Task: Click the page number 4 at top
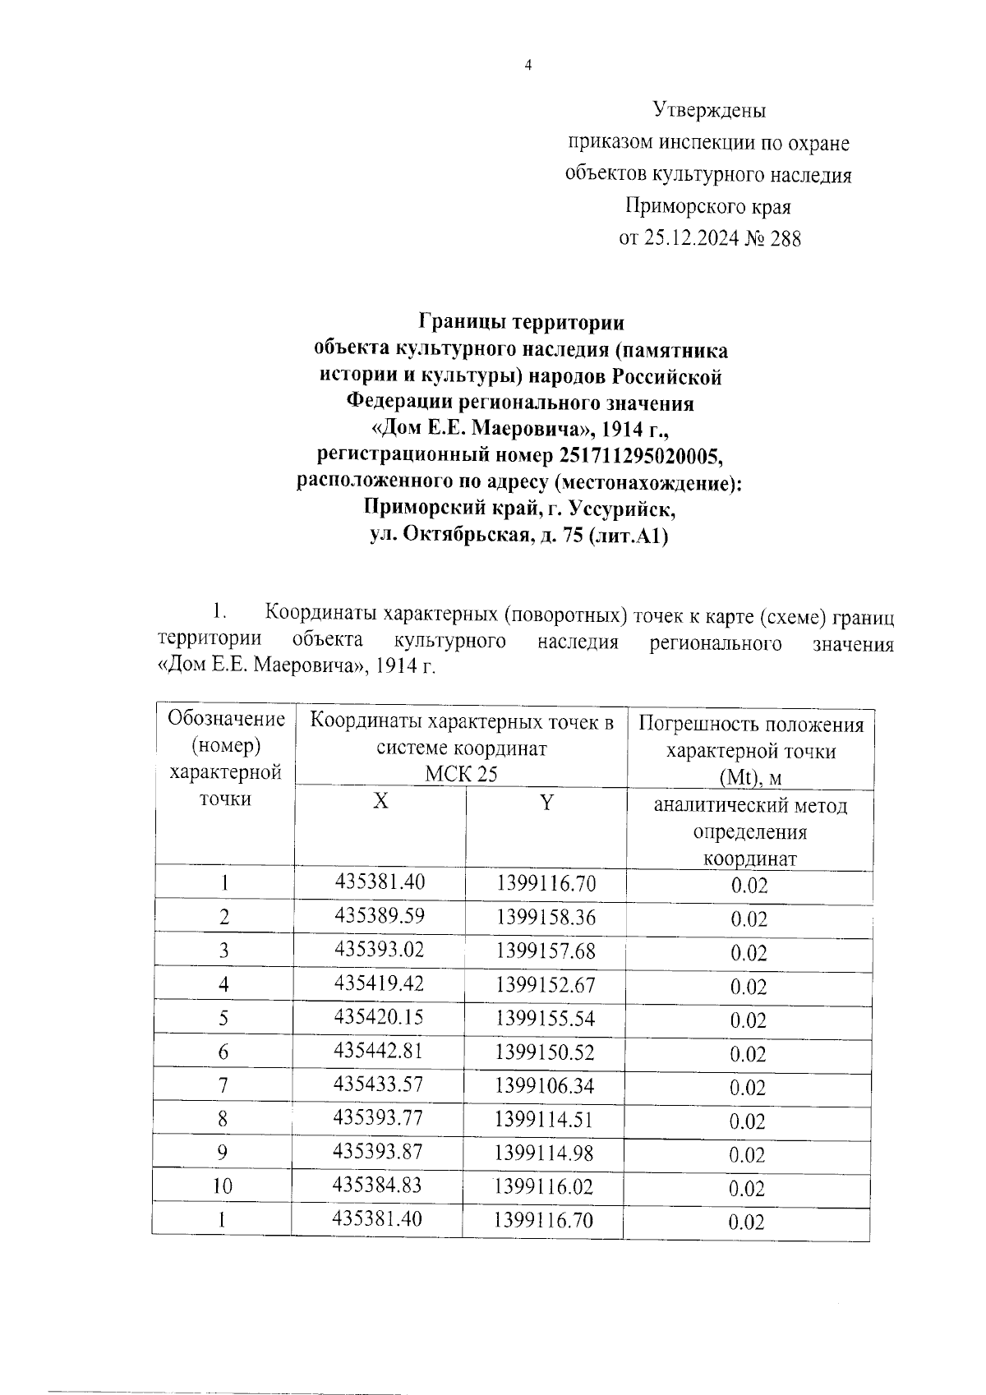pyautogui.click(x=528, y=66)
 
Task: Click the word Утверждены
pyautogui.click(x=709, y=109)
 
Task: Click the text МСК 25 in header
pyautogui.click(x=461, y=774)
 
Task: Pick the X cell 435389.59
pyautogui.click(x=380, y=915)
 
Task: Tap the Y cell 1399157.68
pyautogui.click(x=545, y=951)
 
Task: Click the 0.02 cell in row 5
pyautogui.click(x=748, y=1020)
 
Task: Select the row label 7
pyautogui.click(x=223, y=1085)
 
